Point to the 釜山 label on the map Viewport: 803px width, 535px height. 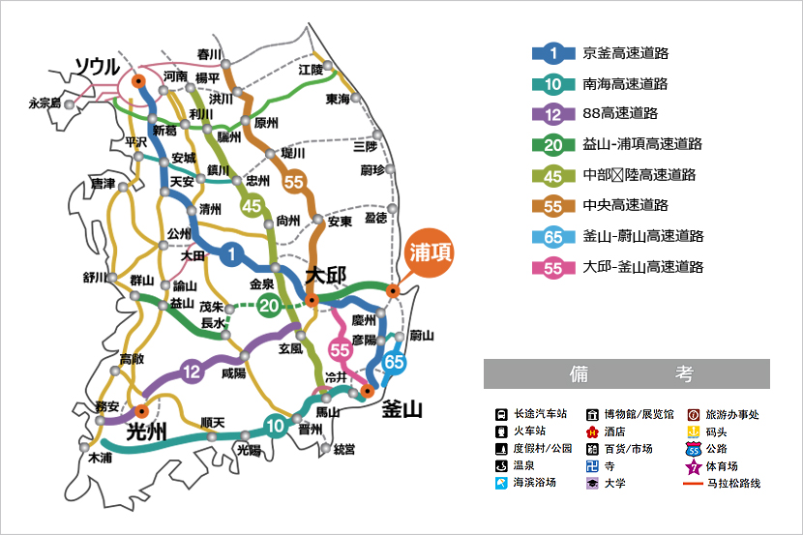click(x=402, y=409)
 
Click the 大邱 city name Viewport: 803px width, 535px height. click(x=326, y=275)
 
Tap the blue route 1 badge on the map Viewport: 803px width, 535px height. click(x=232, y=253)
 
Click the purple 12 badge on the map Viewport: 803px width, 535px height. click(x=193, y=372)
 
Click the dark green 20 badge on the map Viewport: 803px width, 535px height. click(x=267, y=307)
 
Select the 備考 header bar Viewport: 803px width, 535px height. click(x=627, y=374)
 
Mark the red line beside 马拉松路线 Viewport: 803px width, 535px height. click(x=694, y=483)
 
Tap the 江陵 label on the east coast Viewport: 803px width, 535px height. click(x=311, y=70)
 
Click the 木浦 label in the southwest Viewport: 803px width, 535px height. click(x=100, y=457)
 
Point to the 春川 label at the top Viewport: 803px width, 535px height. click(x=209, y=54)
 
